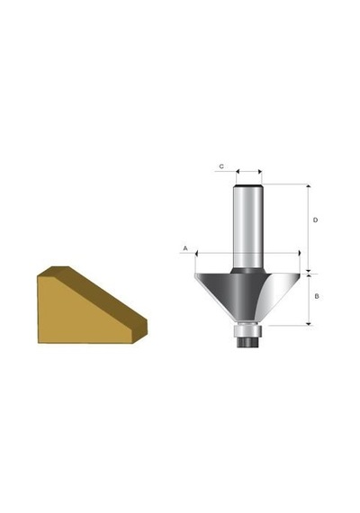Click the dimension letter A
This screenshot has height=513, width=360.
pos(185,248)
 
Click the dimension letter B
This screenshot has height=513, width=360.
pos(317,296)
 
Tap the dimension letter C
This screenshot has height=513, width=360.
pos(221,166)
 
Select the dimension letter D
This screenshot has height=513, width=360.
pos(315,220)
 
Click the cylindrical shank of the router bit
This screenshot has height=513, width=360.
pos(248,228)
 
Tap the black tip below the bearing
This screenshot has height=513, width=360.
pos(247,342)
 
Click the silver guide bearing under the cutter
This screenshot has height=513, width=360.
pos(247,330)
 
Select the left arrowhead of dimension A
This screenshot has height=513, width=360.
pos(197,253)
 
